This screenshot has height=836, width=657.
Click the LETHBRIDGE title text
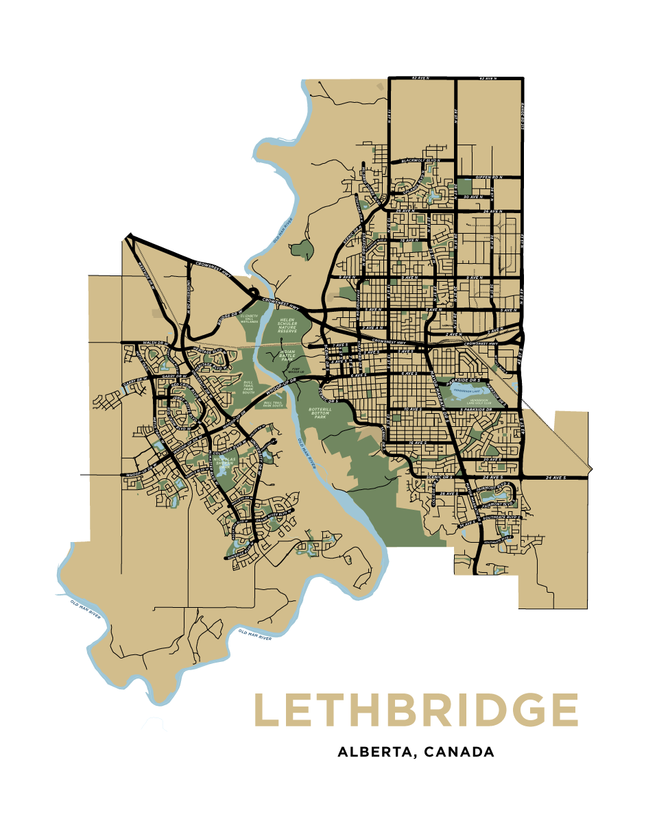point(416,710)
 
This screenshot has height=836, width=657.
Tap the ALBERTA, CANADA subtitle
point(416,752)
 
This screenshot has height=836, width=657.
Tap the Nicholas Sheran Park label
point(226,464)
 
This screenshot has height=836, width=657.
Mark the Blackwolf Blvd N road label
point(419,160)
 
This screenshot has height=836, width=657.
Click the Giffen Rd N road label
point(488,177)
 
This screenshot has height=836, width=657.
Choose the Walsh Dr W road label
point(155,341)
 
